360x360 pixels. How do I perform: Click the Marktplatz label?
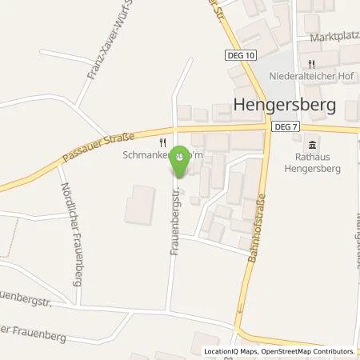[x=331, y=36]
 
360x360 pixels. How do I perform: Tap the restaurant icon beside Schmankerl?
[x=163, y=142]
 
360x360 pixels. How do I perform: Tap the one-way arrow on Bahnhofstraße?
[x=238, y=310]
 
